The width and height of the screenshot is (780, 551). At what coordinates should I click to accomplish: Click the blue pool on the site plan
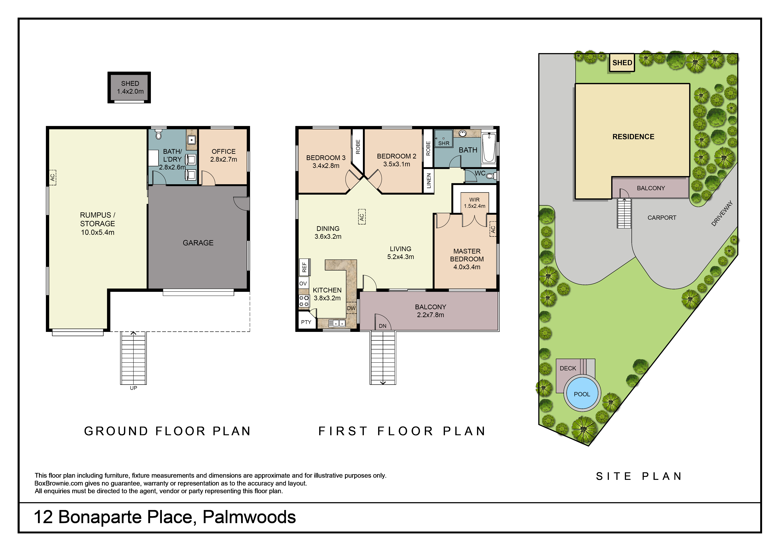pos(582,394)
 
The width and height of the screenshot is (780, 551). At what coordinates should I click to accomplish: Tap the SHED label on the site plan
pos(622,63)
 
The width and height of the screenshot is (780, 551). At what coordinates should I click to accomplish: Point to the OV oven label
pos(303,284)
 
